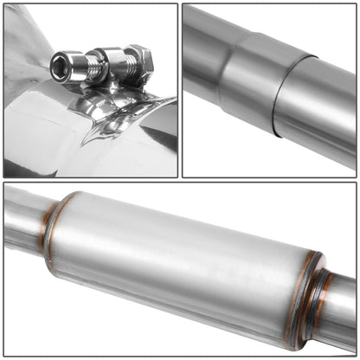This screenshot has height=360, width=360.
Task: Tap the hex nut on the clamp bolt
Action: coord(138,61)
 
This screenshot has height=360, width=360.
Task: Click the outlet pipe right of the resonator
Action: coord(342,312)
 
